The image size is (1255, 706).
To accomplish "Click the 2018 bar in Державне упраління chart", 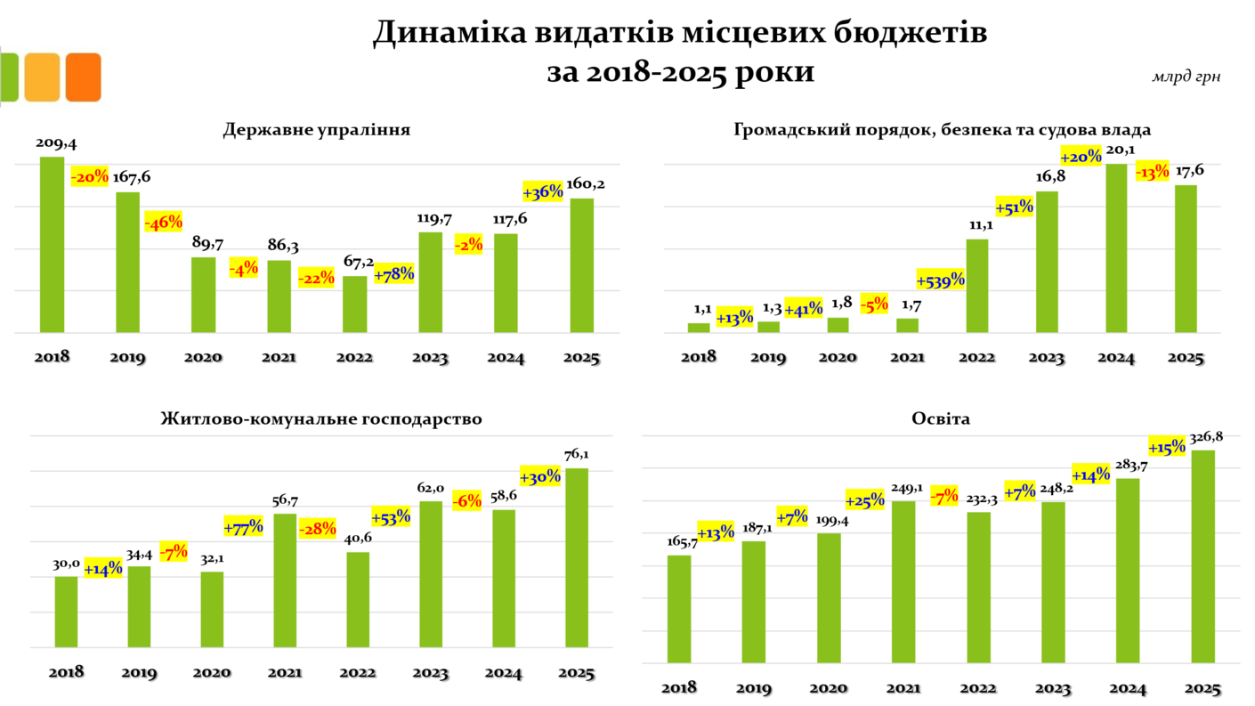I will (53, 245).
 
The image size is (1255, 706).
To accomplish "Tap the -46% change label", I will (163, 223).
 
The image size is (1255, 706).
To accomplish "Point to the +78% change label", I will (393, 274).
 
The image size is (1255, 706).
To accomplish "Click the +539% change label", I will (940, 280).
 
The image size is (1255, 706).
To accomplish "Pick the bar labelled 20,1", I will (1116, 248).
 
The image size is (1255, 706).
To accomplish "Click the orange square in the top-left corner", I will (84, 77).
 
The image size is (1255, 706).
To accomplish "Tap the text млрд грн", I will (1186, 77).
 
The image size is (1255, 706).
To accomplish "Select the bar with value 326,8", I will (1202, 556).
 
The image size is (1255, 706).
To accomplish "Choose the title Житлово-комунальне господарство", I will (321, 418).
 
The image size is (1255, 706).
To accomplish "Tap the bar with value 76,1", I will (576, 557).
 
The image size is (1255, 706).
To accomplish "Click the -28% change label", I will (317, 529).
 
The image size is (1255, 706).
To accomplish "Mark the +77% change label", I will (244, 526).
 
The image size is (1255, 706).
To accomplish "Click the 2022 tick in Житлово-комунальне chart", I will (357, 672).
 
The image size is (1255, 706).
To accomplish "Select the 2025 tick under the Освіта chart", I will (1202, 688).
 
